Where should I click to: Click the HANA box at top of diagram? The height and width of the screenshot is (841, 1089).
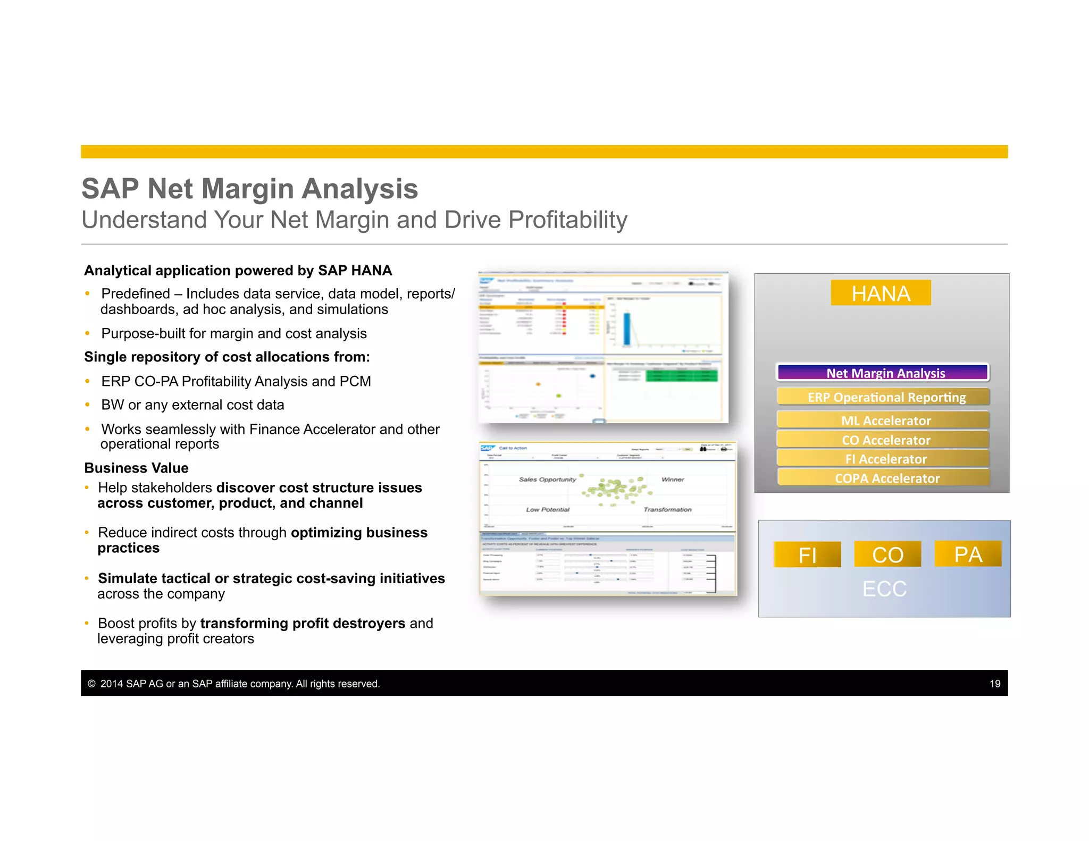pyautogui.click(x=881, y=293)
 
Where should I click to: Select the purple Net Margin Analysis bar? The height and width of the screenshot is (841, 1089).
pyautogui.click(x=883, y=373)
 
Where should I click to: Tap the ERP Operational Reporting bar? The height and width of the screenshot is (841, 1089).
pyautogui.click(x=883, y=397)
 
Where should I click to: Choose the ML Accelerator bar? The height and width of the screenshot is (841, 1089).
pyautogui.click(x=883, y=420)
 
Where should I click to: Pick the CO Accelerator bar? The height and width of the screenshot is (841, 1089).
pyautogui.click(x=883, y=440)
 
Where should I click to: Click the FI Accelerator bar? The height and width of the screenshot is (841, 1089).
pyautogui.click(x=883, y=459)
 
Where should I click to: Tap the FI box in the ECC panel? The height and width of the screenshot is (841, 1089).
pyautogui.click(x=807, y=554)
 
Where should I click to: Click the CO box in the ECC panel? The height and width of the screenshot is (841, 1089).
pyautogui.click(x=887, y=554)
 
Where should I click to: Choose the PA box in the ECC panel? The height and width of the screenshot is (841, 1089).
pyautogui.click(x=968, y=554)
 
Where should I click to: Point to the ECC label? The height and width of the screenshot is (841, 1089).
pyautogui.click(x=884, y=588)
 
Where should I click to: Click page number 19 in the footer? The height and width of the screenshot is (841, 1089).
pyautogui.click(x=995, y=684)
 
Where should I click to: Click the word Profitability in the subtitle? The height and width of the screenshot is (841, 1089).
pyautogui.click(x=567, y=220)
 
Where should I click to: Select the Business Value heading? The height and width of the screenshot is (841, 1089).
pyautogui.click(x=137, y=468)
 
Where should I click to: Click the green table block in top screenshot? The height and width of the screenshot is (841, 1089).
pyautogui.click(x=681, y=376)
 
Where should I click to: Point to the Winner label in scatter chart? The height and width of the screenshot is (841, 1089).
pyautogui.click(x=673, y=480)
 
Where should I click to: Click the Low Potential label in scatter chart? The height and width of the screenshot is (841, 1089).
pyautogui.click(x=548, y=509)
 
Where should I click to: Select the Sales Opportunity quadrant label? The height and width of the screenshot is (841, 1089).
pyautogui.click(x=547, y=480)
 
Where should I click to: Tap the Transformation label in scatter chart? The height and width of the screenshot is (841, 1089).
pyautogui.click(x=667, y=509)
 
